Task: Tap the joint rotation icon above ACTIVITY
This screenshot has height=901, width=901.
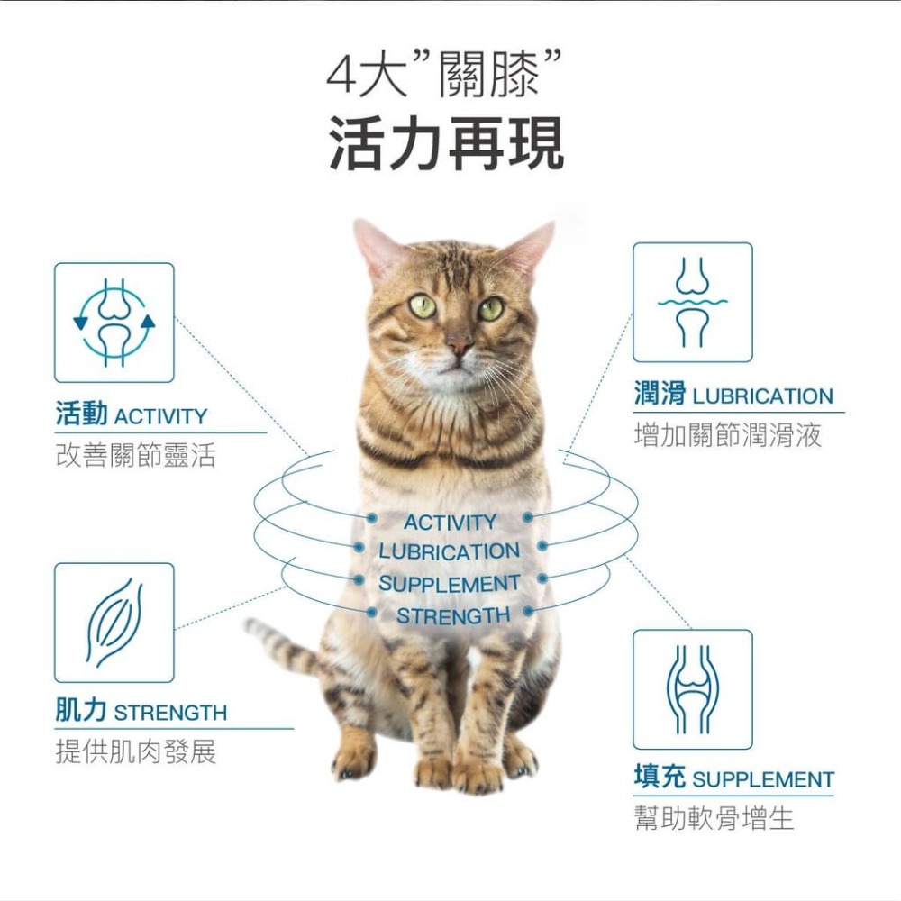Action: coord(114,323)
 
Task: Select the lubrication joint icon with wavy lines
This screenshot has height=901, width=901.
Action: coord(692,303)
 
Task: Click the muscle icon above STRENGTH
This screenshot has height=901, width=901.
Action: coord(114,623)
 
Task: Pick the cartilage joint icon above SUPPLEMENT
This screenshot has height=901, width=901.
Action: coord(692,689)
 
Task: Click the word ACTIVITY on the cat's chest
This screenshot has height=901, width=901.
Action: coord(450,523)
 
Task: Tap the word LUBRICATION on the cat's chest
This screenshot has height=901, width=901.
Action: coord(449,551)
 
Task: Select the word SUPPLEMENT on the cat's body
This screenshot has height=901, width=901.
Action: coord(449,584)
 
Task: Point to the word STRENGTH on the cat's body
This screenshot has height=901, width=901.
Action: coord(452,616)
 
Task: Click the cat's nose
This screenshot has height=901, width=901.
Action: coord(459,344)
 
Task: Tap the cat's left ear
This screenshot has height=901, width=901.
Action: coord(376,248)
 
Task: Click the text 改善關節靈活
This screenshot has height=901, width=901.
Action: coord(135,456)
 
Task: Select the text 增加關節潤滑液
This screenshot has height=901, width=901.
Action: coord(728,436)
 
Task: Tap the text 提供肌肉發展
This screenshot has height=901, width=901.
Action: coord(135,751)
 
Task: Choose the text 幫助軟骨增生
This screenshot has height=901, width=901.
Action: coord(714,819)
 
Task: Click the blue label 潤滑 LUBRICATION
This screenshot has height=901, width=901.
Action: coord(733,396)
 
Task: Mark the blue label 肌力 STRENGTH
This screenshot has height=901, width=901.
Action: coord(141,712)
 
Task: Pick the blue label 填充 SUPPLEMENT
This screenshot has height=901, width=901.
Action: coord(733,778)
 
